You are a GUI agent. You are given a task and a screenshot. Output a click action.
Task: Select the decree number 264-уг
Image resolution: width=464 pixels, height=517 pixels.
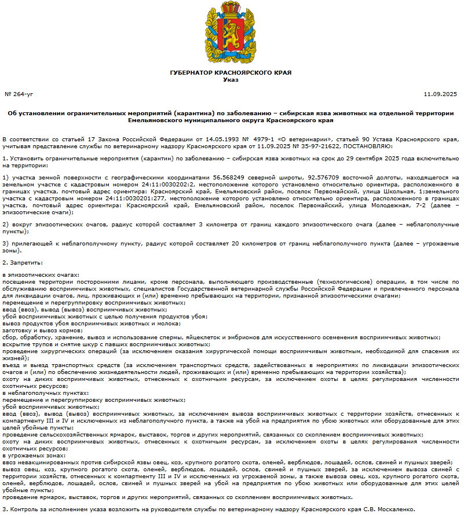click(x=19, y=93)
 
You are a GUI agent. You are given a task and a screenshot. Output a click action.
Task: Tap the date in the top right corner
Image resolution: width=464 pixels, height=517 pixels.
click(x=441, y=93)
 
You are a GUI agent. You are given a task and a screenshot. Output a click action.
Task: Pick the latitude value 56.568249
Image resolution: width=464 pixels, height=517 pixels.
click(x=232, y=177)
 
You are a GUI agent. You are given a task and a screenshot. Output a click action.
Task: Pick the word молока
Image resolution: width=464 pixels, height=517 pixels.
click(x=144, y=323)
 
